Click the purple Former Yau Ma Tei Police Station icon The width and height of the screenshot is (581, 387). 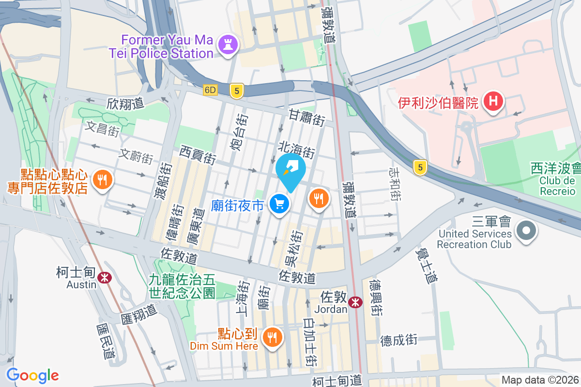[x=229, y=45]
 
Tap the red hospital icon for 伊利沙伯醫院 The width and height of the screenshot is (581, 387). [x=493, y=102]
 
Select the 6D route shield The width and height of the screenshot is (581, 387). [x=211, y=90]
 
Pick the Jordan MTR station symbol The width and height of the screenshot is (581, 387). [x=356, y=302]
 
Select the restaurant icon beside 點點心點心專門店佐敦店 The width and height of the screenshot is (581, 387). [x=102, y=180]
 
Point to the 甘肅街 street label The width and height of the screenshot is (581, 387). [x=306, y=118]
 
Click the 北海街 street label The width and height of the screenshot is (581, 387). [x=297, y=149]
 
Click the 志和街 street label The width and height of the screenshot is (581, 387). [x=395, y=184]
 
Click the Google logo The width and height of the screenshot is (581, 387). [x=32, y=375]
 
